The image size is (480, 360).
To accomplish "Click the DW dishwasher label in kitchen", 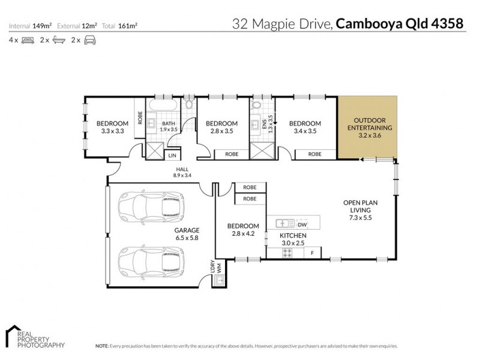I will [301, 224].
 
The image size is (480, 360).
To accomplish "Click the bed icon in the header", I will [28, 40].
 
